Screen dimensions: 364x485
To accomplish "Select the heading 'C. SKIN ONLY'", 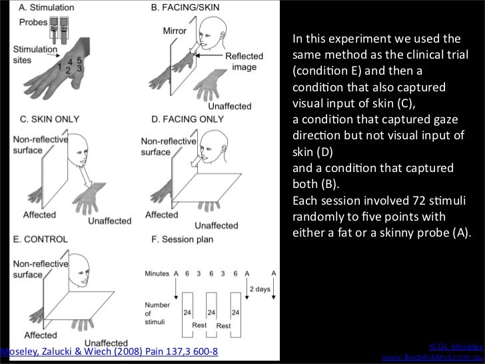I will (x=45, y=120).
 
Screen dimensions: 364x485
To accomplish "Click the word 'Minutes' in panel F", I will (x=157, y=273).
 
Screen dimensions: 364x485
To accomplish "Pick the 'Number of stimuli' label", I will (x=157, y=314).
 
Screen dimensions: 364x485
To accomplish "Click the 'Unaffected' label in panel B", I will (x=230, y=106).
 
